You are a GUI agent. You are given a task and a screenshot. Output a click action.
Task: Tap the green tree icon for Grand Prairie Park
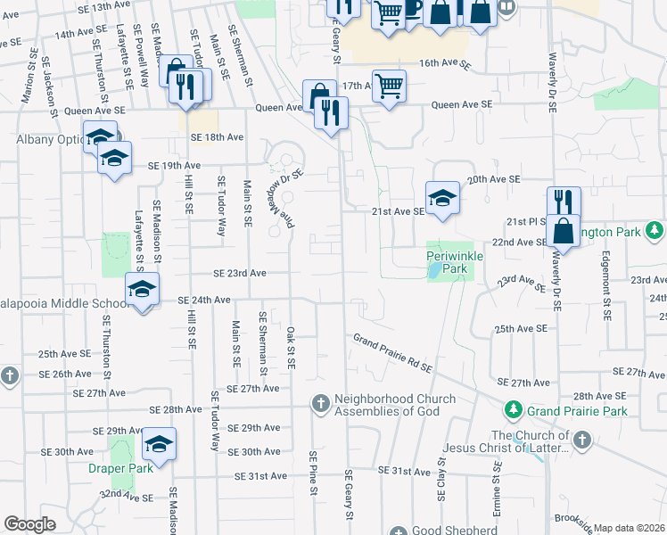click(513, 410)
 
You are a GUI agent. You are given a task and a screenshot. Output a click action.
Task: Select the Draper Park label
click(115, 467)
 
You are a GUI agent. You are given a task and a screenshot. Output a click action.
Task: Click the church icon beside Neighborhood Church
click(320, 405)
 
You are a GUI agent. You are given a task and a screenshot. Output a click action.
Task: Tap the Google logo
click(29, 524)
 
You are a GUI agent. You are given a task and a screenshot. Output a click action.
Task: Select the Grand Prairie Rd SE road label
click(392, 353)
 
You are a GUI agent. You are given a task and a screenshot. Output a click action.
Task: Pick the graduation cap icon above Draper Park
click(159, 444)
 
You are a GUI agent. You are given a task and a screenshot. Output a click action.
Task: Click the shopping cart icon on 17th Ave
click(389, 86)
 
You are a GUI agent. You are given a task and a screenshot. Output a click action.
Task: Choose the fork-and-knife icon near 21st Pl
click(563, 202)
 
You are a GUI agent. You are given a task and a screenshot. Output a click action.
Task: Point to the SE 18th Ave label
click(217, 137)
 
